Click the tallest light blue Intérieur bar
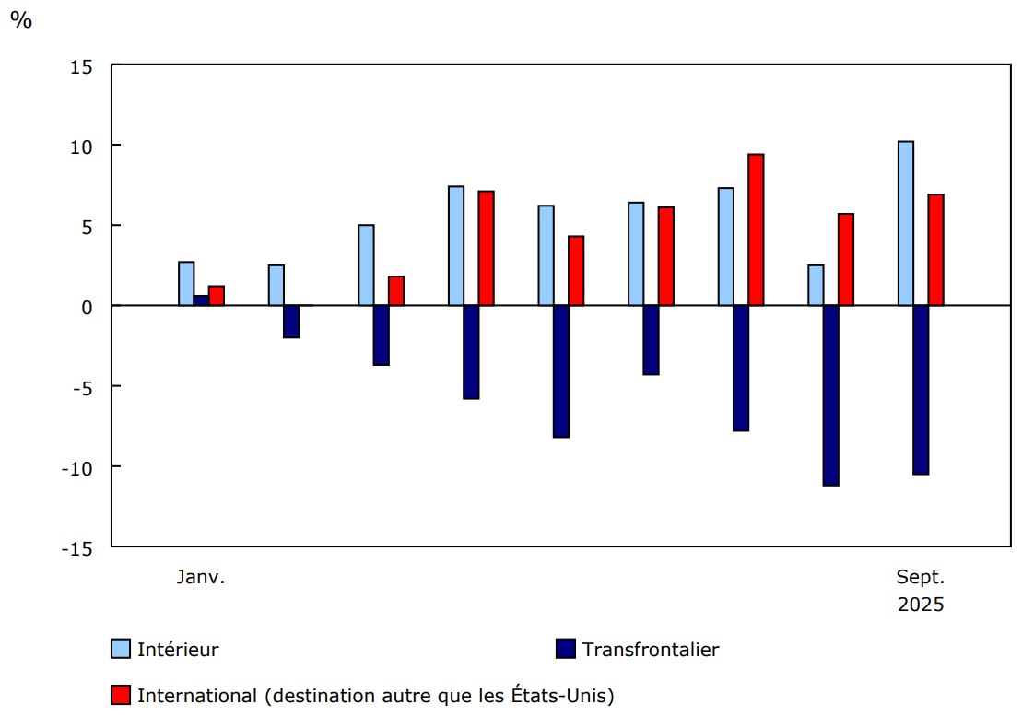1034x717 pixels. coord(906,223)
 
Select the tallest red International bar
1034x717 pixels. coord(756,229)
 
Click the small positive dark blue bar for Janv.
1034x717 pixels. coord(201,300)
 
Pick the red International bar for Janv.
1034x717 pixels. coord(217,296)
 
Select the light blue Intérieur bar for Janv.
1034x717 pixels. coord(186,284)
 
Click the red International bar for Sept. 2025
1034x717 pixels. coord(935,250)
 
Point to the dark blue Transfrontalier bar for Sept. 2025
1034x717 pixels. coord(921,389)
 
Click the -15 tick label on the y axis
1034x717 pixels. coord(76,547)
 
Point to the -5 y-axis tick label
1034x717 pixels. coord(80,387)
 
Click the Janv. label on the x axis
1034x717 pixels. coord(201,578)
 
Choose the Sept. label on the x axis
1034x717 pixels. coord(921,578)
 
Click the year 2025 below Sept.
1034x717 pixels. coord(921,605)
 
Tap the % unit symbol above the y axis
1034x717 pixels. coord(20,20)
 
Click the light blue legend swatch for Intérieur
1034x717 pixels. coord(121,649)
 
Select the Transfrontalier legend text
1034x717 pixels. coord(650,649)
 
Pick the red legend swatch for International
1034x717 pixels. coord(121,695)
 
